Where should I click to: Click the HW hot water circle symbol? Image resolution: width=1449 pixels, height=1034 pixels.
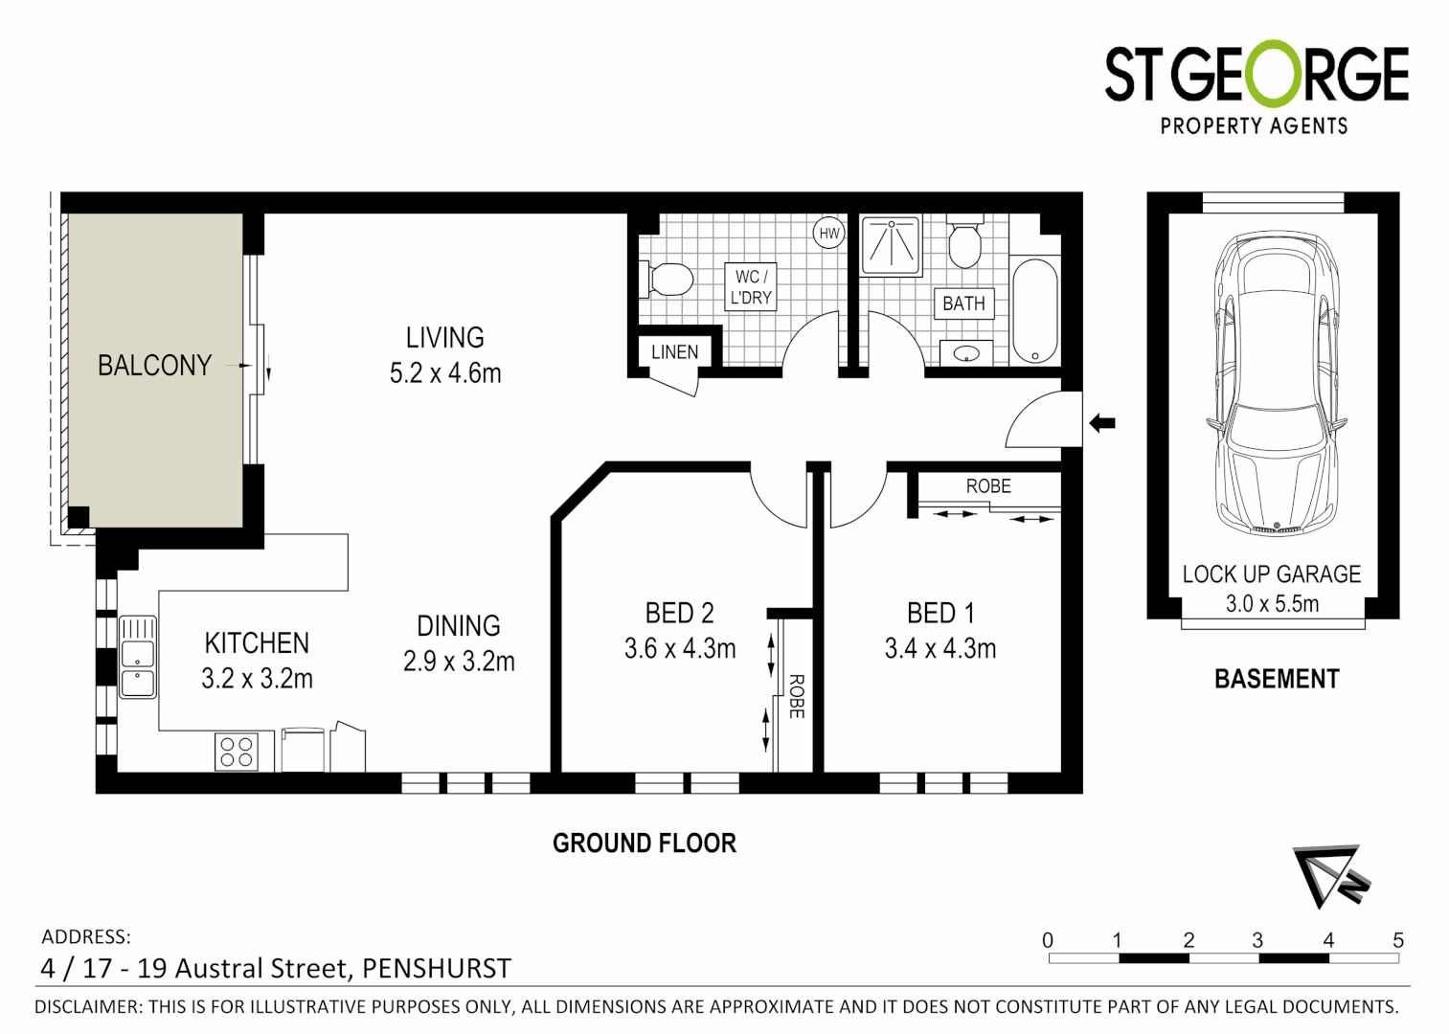click(828, 234)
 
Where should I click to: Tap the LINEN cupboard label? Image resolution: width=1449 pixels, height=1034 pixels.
click(674, 352)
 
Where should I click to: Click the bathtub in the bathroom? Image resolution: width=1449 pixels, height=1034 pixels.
click(1034, 309)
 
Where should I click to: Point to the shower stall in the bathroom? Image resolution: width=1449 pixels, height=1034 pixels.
click(891, 244)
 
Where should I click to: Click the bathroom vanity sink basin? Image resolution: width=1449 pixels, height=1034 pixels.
click(966, 354)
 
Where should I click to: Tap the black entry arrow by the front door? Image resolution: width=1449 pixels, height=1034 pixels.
click(1102, 422)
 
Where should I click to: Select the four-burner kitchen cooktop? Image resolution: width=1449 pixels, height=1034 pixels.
click(237, 752)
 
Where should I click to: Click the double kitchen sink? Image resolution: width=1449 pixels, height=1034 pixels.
click(138, 657)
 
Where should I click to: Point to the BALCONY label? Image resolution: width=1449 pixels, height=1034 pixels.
click(154, 366)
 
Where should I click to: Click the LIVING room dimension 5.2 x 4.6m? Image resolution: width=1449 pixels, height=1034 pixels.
click(445, 373)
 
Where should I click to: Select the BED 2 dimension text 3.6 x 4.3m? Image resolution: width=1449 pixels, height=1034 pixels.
click(680, 649)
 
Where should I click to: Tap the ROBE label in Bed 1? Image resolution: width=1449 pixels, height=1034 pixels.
click(988, 486)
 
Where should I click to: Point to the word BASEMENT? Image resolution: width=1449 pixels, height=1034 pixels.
click(1277, 679)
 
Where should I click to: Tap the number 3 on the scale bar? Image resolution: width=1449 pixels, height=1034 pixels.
click(1257, 940)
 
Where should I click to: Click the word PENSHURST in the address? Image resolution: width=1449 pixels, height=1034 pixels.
click(436, 968)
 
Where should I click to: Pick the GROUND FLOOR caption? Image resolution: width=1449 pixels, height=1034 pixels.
click(645, 843)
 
